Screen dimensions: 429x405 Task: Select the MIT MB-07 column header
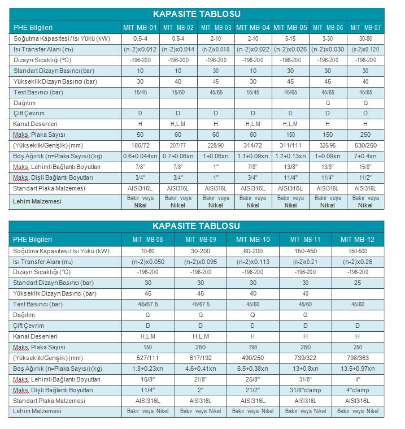pos(365,27)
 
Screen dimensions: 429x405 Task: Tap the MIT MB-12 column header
pos(358,240)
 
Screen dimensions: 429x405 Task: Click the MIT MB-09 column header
pos(201,240)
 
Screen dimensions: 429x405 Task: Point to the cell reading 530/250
pos(365,146)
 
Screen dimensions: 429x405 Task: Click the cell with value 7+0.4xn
pos(365,156)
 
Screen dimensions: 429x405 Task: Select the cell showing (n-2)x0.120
pos(365,49)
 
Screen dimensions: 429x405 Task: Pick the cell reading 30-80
pos(365,38)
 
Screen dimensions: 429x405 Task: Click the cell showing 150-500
pos(358,250)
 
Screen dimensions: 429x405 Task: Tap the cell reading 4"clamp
pos(358,390)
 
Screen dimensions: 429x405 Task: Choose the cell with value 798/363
pos(358,358)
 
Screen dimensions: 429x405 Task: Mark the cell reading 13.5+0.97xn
pos(358,369)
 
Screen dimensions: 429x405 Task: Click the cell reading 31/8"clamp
pos(306,390)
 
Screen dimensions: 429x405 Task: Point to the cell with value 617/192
pos(201,358)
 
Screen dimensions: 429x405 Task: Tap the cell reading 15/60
pos(178,92)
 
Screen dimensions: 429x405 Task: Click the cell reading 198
pos(253,347)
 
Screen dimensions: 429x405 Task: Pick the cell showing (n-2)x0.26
pos(358,261)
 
